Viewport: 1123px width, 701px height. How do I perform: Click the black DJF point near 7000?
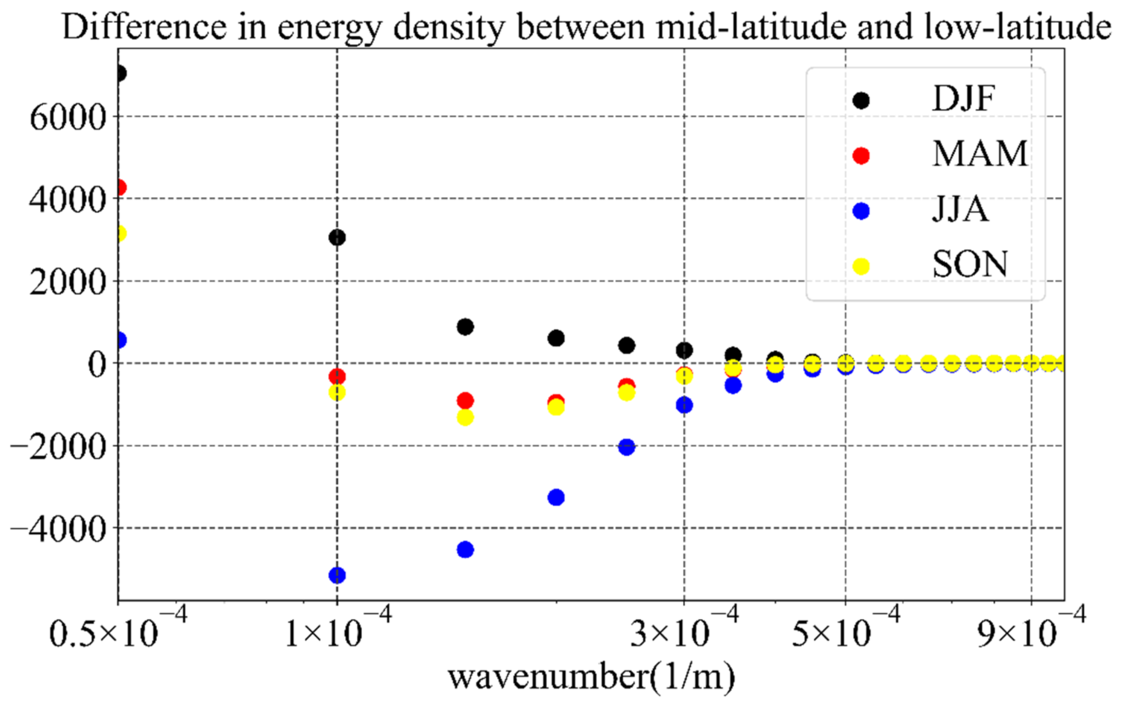tap(120, 73)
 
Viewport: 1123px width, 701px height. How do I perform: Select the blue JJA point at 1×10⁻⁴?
tap(337, 575)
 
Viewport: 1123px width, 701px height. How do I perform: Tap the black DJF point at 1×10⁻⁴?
tap(337, 238)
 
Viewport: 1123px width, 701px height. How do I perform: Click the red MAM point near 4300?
tap(120, 188)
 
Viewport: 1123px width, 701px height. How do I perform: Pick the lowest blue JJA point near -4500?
tap(465, 550)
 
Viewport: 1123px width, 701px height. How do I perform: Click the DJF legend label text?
tap(964, 99)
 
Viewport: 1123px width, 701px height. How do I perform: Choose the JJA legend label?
tap(961, 209)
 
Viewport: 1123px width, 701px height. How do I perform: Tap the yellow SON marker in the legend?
tap(861, 266)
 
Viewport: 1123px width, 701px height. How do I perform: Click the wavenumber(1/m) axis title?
tap(592, 677)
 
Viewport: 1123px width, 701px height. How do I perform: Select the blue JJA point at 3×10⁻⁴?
tap(684, 405)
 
